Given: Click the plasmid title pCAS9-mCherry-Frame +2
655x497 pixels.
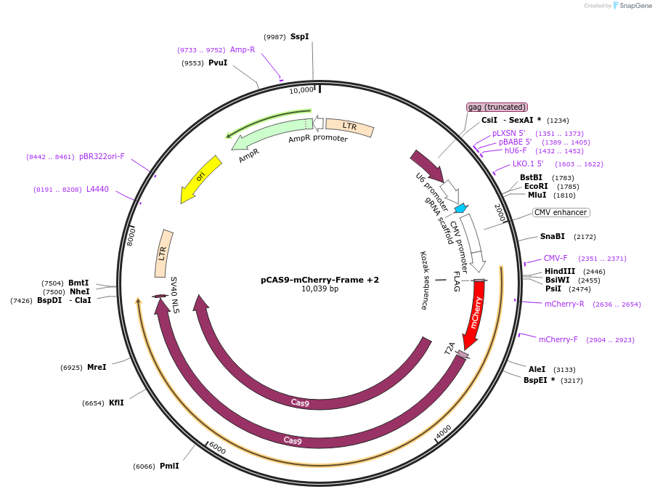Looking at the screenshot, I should point(320,279).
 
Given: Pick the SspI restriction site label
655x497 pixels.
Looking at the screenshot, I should point(299,36).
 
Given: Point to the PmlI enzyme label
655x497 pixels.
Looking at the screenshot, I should point(169,466).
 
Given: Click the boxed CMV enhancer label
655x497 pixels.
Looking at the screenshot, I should point(561,212).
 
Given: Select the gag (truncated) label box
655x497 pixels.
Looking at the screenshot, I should point(497,107).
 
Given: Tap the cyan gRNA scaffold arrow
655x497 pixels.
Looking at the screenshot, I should point(460,208).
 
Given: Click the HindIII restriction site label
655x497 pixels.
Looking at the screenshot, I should point(559,271).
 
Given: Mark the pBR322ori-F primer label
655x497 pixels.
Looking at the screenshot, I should point(102,156).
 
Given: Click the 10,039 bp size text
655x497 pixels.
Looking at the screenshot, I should point(320,289).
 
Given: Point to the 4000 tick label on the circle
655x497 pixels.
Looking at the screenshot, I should point(443,433).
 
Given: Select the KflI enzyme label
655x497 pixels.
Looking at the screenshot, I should point(116,403).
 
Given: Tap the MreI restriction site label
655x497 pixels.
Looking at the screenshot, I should point(97,367).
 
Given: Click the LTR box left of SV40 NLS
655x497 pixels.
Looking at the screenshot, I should point(163,254).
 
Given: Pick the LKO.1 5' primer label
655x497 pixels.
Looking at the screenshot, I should point(528,163).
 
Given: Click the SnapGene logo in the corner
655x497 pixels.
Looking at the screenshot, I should point(630,6).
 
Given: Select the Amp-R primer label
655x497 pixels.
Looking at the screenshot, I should point(243,49).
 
